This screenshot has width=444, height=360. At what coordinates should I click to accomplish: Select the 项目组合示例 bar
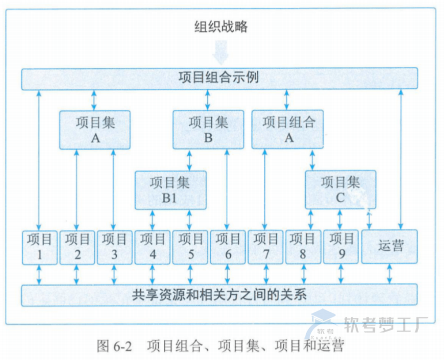point(219,78)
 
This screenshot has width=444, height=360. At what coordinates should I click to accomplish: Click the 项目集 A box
point(95,129)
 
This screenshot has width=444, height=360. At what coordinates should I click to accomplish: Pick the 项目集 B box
point(208,129)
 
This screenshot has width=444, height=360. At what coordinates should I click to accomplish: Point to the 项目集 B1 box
point(170,190)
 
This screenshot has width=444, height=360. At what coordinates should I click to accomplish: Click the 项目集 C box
point(340,189)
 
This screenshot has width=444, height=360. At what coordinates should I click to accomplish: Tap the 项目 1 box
point(39,247)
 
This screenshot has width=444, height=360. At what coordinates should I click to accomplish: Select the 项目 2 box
point(77,247)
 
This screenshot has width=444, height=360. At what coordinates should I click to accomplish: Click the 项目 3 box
point(114,247)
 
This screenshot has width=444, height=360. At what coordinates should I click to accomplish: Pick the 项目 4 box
point(152,247)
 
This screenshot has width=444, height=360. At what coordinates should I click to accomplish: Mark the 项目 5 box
point(190,247)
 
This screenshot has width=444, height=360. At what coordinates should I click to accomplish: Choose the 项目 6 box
point(228,247)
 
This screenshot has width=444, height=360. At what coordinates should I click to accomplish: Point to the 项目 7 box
point(265,247)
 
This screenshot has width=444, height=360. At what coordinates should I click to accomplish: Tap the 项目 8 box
point(303,247)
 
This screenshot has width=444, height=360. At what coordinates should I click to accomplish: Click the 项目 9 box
point(341,247)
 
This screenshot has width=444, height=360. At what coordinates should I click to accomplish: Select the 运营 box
point(390,246)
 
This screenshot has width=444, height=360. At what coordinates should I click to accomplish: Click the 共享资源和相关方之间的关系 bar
point(219,294)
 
